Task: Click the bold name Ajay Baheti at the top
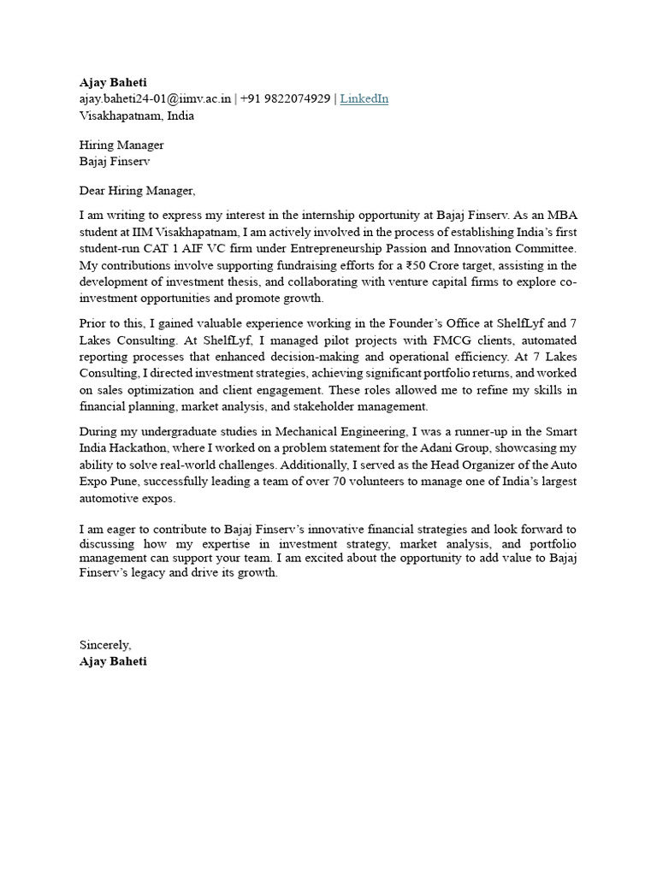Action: point(113,82)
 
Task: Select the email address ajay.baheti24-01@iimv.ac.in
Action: point(155,98)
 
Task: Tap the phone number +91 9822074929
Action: point(285,98)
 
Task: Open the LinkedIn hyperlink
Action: point(364,98)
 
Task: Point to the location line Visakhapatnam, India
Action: point(136,115)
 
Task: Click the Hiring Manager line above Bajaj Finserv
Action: point(121,145)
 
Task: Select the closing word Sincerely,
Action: point(105,644)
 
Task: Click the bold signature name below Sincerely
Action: point(113,661)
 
